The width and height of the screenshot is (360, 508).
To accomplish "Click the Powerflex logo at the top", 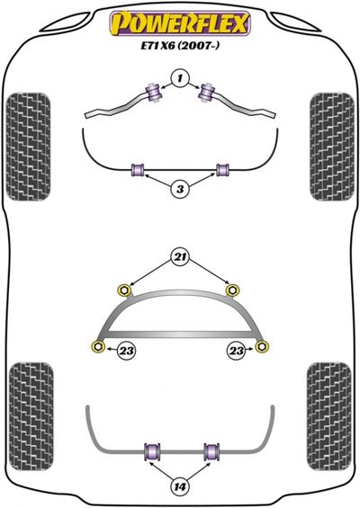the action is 180,23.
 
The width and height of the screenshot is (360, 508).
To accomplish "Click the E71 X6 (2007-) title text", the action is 180,45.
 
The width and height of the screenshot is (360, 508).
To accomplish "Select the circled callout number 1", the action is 180,78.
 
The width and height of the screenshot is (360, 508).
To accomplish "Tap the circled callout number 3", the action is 180,189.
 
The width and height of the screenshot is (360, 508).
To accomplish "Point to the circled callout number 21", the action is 180,257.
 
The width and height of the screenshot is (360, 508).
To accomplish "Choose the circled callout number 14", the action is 180,486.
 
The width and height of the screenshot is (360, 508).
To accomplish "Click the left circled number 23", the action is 127,351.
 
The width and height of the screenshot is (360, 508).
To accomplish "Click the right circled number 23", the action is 236,351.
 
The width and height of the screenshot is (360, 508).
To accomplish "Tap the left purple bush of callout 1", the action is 153,93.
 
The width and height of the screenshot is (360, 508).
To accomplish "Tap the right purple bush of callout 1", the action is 207,93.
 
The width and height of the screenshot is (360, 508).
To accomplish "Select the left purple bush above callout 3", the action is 139,170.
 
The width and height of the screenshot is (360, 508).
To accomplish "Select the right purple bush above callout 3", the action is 222,170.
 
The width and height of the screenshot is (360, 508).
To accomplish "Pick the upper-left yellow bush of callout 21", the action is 124,290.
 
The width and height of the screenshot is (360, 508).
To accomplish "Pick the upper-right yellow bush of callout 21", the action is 231,290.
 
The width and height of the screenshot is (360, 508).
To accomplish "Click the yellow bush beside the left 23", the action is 98,346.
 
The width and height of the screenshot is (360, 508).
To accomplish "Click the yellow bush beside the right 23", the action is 262,346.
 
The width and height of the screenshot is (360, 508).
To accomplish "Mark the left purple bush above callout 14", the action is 152,451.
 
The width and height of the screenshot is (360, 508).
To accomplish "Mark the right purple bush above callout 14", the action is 211,451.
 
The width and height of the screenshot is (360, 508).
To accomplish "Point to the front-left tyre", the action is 28,147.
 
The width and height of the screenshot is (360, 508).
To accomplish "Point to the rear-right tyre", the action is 328,416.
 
